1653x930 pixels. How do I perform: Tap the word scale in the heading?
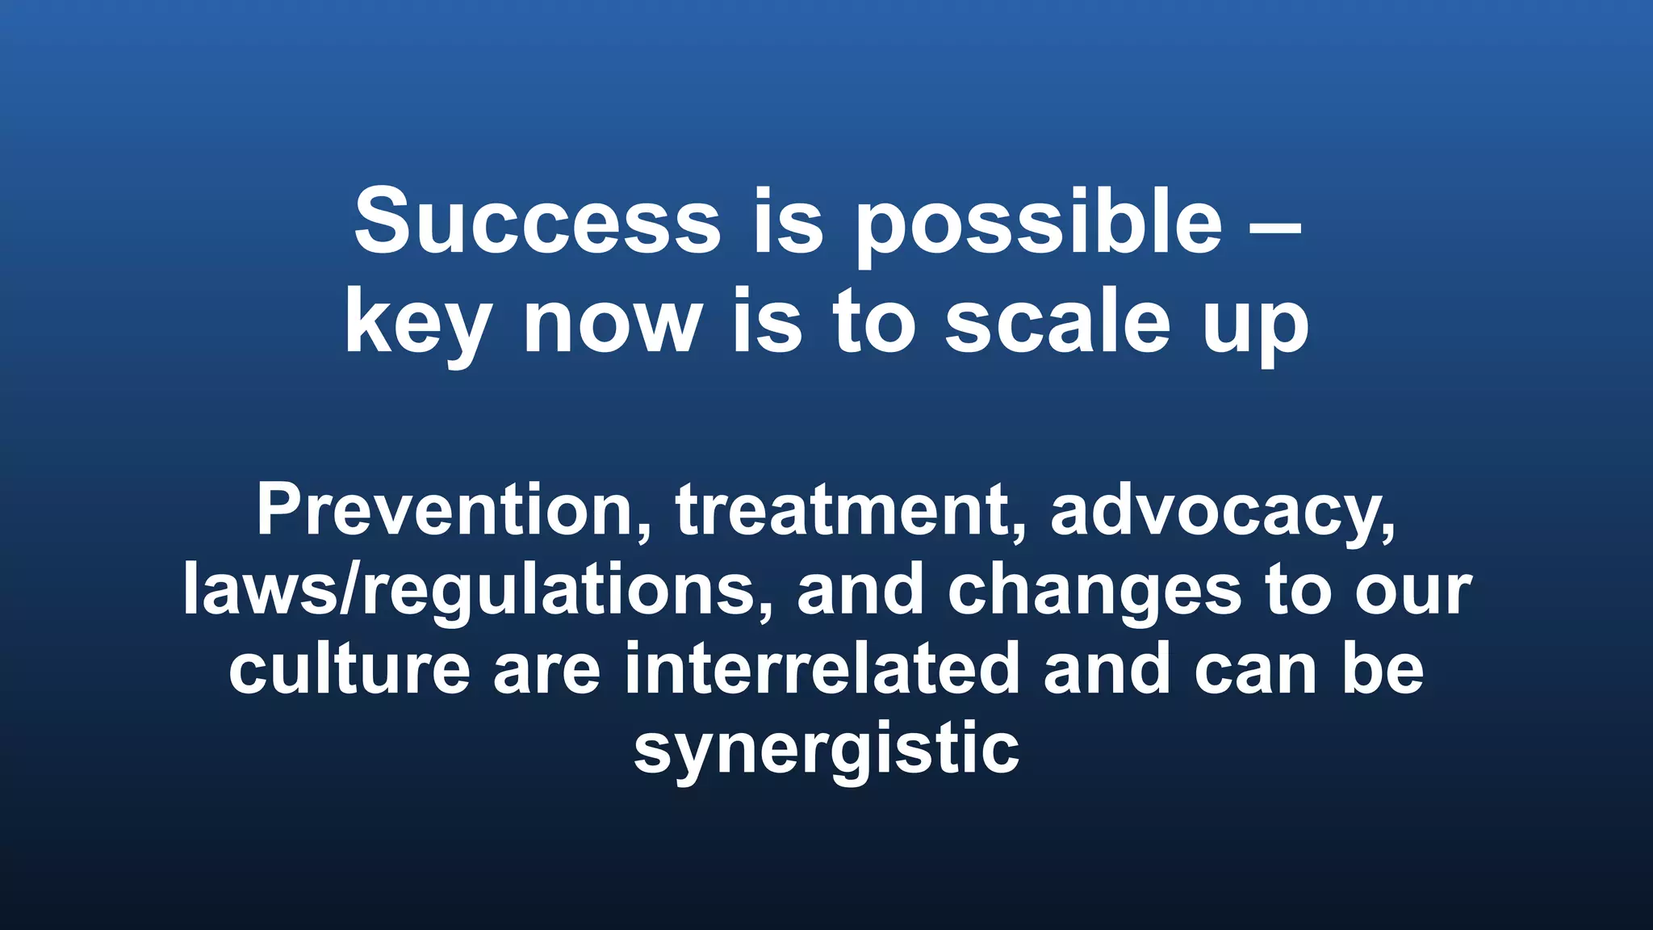1057,323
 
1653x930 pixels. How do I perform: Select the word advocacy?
1223,510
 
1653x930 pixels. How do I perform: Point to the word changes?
1094,590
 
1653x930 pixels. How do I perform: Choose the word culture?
349,669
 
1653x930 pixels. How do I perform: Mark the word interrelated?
822,669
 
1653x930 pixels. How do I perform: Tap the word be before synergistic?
1383,669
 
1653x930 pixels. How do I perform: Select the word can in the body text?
1256,669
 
